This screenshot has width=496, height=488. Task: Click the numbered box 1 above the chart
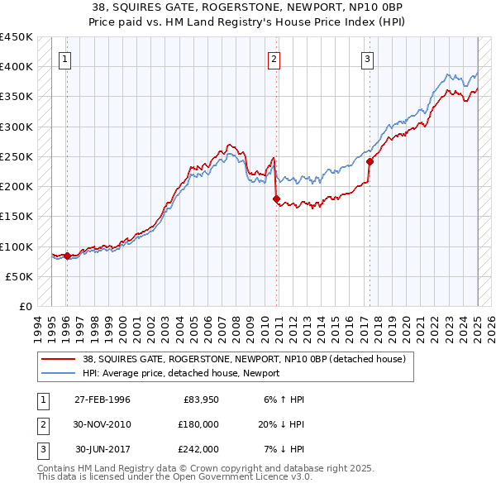(x=64, y=59)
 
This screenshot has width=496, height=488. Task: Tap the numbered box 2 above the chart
(x=274, y=59)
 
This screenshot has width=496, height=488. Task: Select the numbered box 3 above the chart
(x=367, y=59)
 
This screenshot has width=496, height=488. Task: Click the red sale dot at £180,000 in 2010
(x=277, y=199)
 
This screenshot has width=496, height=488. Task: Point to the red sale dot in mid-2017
(x=370, y=161)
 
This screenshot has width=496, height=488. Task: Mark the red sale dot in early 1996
(x=67, y=256)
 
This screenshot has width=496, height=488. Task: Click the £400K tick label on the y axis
(x=17, y=67)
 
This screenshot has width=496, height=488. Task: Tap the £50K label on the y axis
(x=20, y=276)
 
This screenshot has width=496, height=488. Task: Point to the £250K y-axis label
(x=17, y=156)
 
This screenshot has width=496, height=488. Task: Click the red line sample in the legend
(x=59, y=360)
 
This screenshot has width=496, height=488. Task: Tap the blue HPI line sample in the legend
(x=59, y=373)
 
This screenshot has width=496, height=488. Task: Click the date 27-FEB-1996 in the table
(x=103, y=399)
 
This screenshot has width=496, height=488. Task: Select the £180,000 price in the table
(x=198, y=424)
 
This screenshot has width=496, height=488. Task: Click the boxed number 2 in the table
(x=42, y=424)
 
